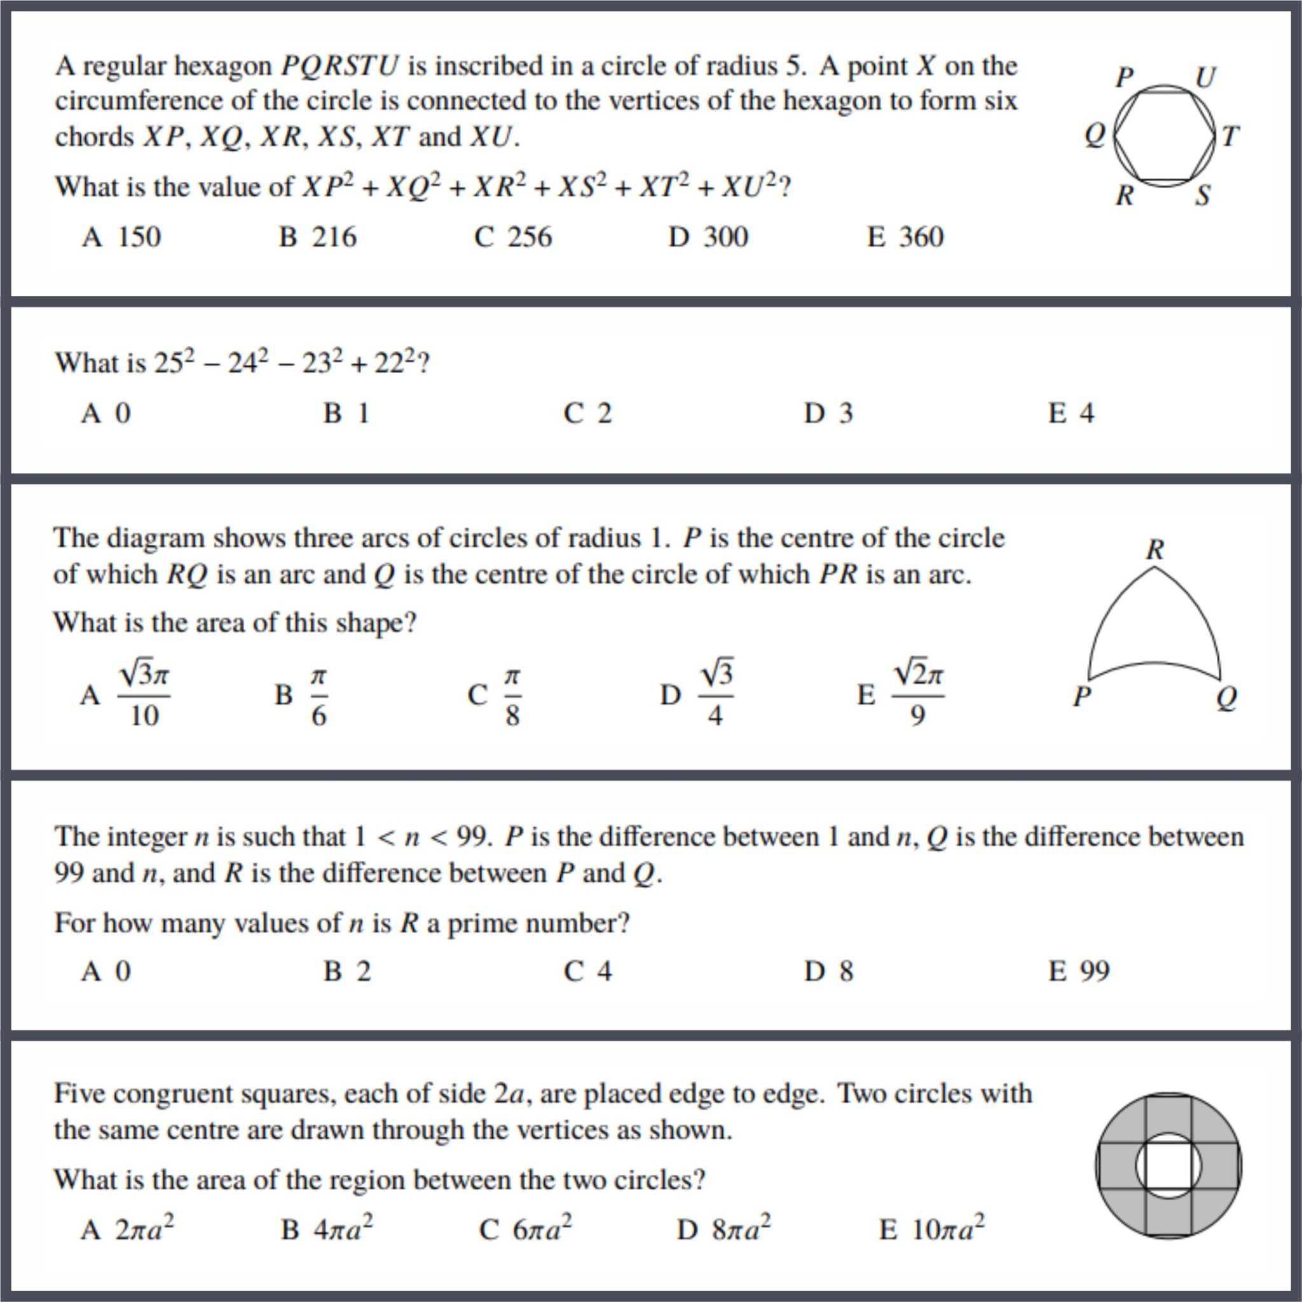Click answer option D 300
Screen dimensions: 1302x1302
(708, 237)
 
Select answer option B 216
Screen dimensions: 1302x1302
(317, 237)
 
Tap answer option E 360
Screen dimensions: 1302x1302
(905, 237)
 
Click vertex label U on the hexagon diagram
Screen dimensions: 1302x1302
(1204, 77)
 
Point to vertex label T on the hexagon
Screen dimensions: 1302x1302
(1230, 137)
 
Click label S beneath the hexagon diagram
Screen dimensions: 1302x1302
(1203, 195)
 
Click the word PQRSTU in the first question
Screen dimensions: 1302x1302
(339, 66)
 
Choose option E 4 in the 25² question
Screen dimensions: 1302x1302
(1071, 413)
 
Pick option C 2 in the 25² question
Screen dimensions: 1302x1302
(587, 413)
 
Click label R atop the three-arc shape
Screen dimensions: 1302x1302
(1155, 550)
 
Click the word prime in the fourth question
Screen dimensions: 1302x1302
(483, 922)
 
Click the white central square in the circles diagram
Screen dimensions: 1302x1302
(1168, 1165)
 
